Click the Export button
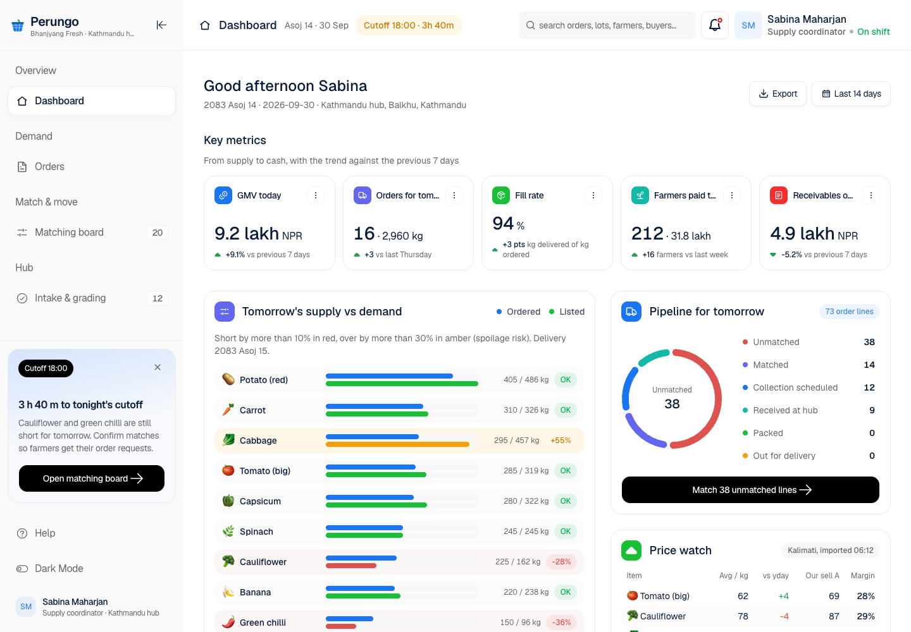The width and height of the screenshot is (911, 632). coord(778,94)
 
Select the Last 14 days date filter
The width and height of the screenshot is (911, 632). coord(852,94)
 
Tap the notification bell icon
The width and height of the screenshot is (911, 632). coord(715,25)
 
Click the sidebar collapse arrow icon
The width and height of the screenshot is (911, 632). coord(161,25)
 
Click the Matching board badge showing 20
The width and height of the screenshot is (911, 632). coord(158,233)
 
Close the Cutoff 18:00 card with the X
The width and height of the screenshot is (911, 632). coord(158,368)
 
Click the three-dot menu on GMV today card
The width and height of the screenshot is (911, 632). coord(316,195)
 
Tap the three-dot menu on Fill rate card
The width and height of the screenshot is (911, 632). coord(593,195)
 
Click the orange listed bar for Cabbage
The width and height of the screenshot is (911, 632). coord(397,444)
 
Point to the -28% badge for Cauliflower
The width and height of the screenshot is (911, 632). coord(561,562)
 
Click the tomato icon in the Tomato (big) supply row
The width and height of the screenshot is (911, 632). coord(228,470)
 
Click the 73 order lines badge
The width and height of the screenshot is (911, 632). coord(849,312)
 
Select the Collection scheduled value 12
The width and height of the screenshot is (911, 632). coord(869,387)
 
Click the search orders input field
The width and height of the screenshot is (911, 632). coord(607,25)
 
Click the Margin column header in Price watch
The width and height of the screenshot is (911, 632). coord(863,576)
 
